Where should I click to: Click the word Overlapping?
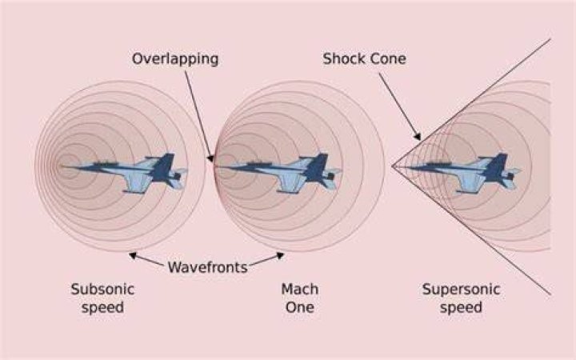pos(175,59)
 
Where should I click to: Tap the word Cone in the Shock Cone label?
pos(387,58)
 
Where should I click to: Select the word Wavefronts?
pos(207,267)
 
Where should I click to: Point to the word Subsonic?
pos(102,289)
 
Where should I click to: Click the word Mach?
pos(300,289)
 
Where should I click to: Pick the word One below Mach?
pos(300,307)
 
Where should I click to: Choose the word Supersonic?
pos(461,289)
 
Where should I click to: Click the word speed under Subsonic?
pos(102,307)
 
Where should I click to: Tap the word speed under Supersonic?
pos(461,307)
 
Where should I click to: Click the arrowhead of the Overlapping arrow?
pos(210,158)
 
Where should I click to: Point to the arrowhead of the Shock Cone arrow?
pos(418,137)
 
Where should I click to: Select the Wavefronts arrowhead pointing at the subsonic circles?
pos(133,255)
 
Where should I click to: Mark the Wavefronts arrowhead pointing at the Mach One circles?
pos(280,255)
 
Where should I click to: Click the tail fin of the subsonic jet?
pos(163,166)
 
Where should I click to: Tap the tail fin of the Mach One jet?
pos(317,166)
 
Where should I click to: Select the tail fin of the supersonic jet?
pos(496,166)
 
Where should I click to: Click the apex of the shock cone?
pos(392,166)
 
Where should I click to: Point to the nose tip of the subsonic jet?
pos(62,166)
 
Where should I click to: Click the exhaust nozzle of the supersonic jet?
pos(512,176)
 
